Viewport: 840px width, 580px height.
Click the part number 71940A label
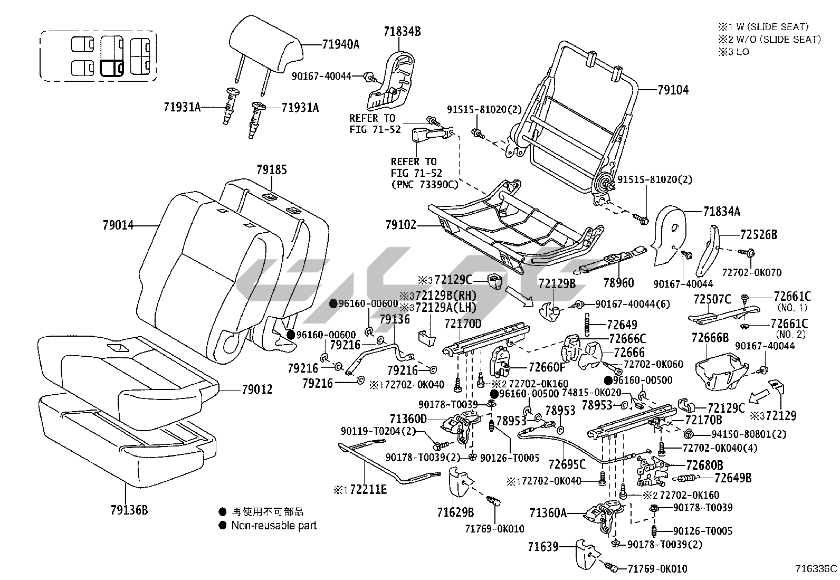(340, 44)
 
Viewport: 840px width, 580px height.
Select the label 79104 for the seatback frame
(673, 90)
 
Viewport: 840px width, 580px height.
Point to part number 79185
(272, 170)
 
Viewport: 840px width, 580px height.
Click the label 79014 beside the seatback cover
(118, 226)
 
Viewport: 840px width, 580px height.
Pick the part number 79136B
(129, 510)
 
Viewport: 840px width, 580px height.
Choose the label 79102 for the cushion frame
(401, 225)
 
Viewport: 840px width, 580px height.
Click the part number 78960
(618, 283)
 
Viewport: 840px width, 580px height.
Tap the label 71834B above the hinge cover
(402, 32)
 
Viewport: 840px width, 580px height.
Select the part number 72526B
(758, 235)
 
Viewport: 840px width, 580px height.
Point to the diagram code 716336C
(816, 569)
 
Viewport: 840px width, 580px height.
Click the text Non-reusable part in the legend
(274, 525)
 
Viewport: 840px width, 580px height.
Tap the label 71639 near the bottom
(543, 547)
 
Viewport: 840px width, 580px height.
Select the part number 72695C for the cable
(567, 464)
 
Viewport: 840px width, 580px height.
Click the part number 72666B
(710, 338)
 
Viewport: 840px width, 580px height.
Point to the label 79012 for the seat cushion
(257, 389)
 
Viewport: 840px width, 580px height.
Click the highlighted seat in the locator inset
(111, 68)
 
